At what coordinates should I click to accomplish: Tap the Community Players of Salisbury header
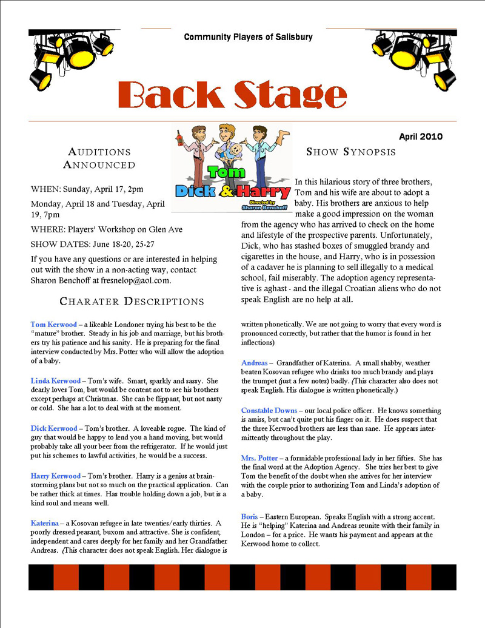(248, 37)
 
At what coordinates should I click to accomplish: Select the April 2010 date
(421, 137)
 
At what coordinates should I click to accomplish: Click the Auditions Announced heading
(99, 158)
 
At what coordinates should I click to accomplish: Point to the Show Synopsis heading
(351, 152)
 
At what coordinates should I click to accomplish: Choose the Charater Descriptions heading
(132, 302)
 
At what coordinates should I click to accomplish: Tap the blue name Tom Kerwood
(54, 325)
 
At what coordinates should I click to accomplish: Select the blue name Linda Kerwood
(55, 381)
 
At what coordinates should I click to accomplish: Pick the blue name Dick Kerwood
(54, 428)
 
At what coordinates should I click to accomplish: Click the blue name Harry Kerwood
(55, 476)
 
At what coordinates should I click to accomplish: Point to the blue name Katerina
(44, 523)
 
